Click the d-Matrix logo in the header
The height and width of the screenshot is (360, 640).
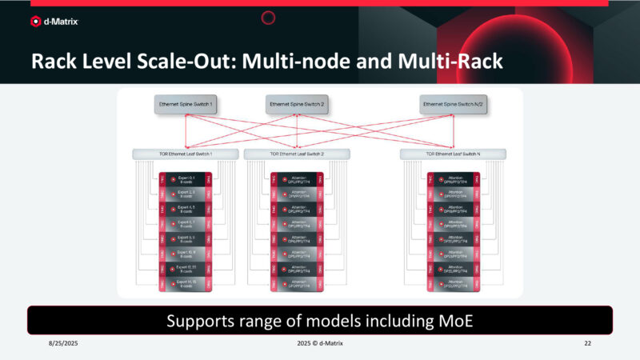coord(55,22)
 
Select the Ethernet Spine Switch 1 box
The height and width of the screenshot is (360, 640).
coord(186,104)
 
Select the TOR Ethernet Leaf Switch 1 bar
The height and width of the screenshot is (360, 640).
coord(186,154)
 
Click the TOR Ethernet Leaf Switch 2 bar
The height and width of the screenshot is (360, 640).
coord(296,154)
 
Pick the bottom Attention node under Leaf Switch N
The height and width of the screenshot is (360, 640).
coord(454,282)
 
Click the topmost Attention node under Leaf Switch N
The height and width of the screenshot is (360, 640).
coord(454,180)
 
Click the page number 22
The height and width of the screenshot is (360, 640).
coord(587,342)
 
